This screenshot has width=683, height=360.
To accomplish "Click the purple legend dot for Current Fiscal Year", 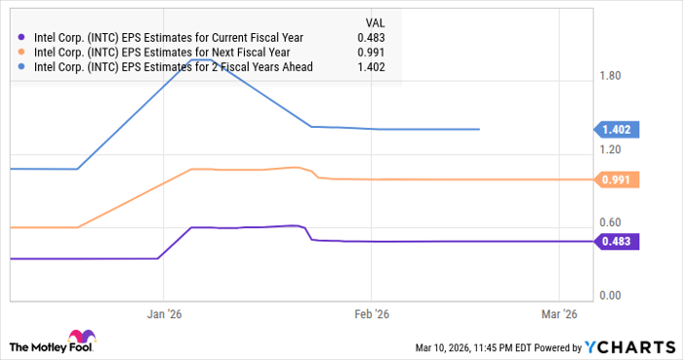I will tap(21, 37).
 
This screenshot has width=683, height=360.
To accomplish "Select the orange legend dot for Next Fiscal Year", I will tap(21, 52).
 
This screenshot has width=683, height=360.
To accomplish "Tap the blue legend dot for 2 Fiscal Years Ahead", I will tap(21, 66).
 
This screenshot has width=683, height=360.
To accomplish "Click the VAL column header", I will tap(374, 20).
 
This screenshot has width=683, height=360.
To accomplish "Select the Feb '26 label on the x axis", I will tap(370, 314).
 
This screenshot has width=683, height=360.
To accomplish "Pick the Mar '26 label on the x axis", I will tap(558, 314).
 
